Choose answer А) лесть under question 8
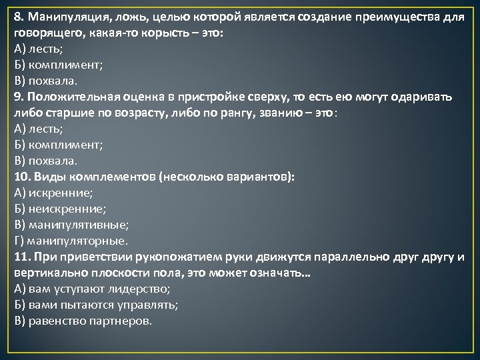pos(39,49)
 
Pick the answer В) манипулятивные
pos(71,225)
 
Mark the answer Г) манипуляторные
pos(71,241)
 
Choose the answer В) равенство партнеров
pos(83,321)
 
